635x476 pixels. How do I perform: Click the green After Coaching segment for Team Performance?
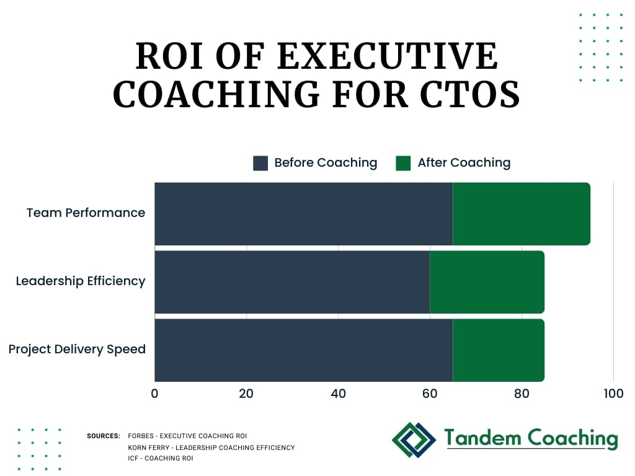click(x=522, y=214)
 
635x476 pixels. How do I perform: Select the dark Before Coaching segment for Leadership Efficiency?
click(x=292, y=282)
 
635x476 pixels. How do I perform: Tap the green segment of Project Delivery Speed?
click(x=499, y=350)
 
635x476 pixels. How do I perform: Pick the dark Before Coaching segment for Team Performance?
click(x=304, y=214)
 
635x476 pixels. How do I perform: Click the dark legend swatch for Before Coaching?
click(x=260, y=163)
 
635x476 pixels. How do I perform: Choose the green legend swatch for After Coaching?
click(x=403, y=163)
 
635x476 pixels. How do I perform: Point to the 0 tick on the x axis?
click(x=154, y=393)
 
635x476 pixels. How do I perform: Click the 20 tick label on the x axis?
click(x=246, y=393)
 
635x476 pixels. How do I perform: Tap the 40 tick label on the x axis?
click(x=338, y=393)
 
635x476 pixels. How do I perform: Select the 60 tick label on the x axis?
click(x=430, y=393)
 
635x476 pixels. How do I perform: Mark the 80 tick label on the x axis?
click(x=522, y=393)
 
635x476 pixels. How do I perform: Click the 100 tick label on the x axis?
click(x=613, y=393)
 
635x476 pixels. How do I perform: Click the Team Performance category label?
click(x=86, y=213)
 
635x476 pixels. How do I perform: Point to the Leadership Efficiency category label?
click(x=81, y=281)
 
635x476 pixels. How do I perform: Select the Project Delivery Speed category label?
click(x=77, y=349)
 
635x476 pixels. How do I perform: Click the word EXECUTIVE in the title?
click(x=388, y=56)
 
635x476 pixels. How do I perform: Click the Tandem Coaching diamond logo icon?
click(x=414, y=440)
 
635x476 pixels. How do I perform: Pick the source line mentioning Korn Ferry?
click(x=211, y=447)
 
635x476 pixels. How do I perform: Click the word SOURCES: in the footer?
click(x=104, y=436)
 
